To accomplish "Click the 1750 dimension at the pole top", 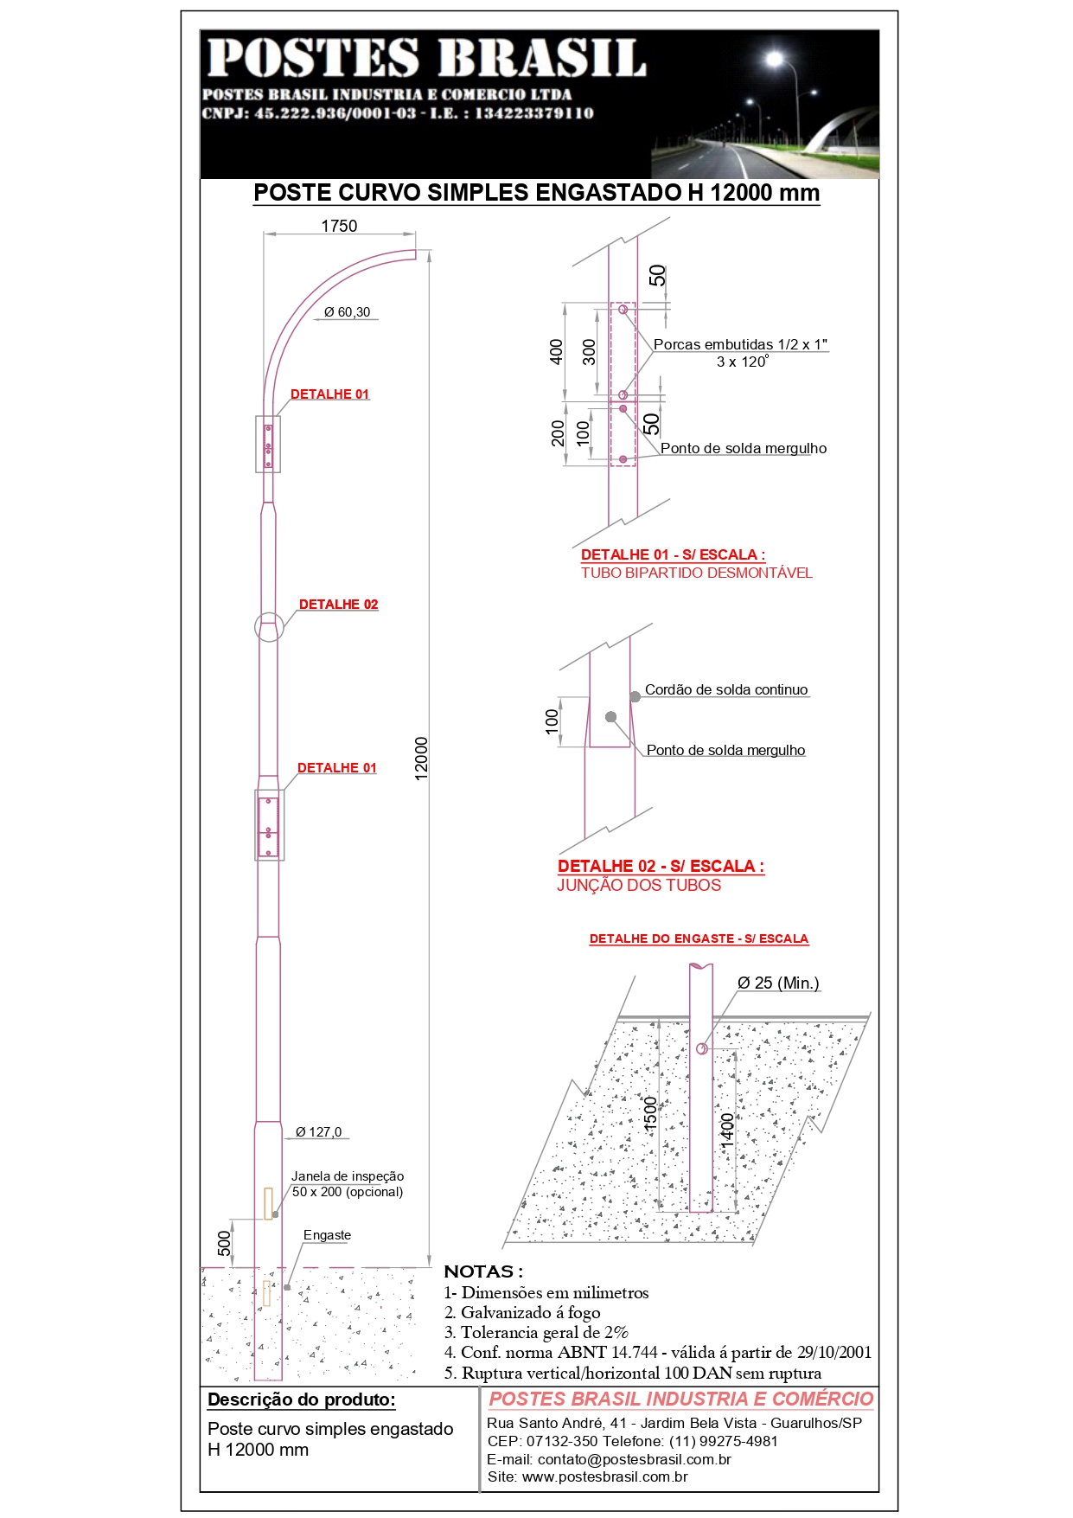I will tap(339, 227).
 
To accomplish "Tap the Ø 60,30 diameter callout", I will tap(347, 312).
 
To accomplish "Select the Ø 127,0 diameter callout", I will tap(318, 1132).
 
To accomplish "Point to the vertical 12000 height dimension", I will tap(422, 759).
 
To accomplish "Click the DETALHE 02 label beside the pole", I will tap(338, 605).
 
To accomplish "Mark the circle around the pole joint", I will tap(269, 627).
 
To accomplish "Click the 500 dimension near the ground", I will tap(225, 1243).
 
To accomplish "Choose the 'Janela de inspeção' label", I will tap(348, 1176).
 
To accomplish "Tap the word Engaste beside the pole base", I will tap(327, 1235).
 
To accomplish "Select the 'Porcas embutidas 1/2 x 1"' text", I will tap(740, 344).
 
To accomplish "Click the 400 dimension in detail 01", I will tap(557, 351).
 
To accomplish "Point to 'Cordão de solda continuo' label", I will tap(726, 689).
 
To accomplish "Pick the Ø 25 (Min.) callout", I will tap(778, 983).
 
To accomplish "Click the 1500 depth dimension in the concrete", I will tap(651, 1113).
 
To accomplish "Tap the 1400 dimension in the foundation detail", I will tap(727, 1130).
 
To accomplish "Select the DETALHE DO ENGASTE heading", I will tap(699, 938).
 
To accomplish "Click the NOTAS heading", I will tap(483, 1271).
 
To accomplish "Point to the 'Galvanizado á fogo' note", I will tap(522, 1313).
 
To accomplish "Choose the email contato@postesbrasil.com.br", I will tap(610, 1459).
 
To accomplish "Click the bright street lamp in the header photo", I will tap(775, 59).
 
